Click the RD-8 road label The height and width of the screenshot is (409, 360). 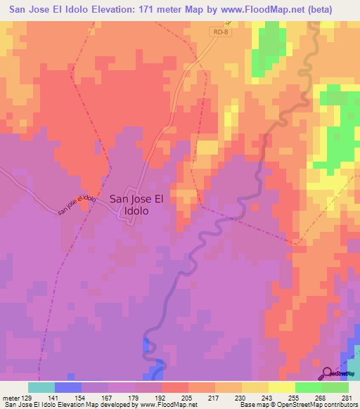point(221,32)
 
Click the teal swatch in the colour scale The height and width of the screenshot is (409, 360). point(41,387)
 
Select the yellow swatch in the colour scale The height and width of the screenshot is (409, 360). point(281,387)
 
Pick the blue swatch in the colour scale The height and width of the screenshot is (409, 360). point(68,387)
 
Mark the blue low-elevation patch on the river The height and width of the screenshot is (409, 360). point(148,346)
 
